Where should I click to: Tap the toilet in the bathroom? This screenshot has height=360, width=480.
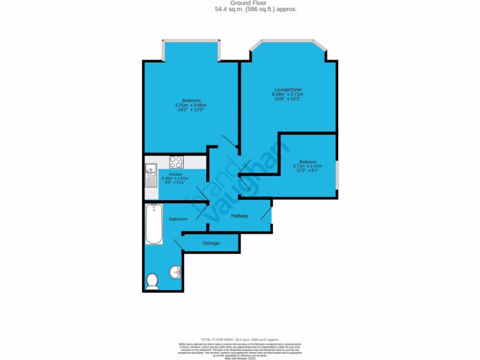tap(152, 281)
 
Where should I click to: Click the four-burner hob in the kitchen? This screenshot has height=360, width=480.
tap(176, 162)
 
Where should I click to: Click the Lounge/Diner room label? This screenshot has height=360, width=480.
tap(288, 90)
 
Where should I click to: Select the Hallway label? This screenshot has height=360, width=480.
tap(239, 216)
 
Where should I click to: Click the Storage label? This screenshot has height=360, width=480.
tap(211, 243)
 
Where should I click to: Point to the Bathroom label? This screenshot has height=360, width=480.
tap(178, 219)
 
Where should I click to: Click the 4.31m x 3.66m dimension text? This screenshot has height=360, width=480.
tap(191, 105)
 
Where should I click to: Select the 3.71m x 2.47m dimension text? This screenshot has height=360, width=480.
tap(307, 166)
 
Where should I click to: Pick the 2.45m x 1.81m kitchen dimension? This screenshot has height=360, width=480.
tap(174, 179)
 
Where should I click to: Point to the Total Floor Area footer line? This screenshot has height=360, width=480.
tap(240, 339)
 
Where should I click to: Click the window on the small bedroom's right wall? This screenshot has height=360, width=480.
tap(337, 175)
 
